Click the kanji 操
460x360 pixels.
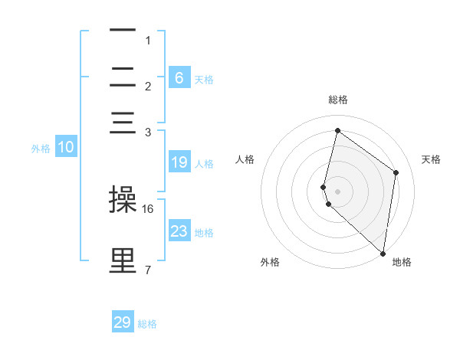tap(123, 200)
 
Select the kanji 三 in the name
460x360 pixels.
tap(123, 123)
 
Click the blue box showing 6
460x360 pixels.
tap(179, 78)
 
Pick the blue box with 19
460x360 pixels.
tap(179, 162)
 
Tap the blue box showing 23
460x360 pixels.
tap(179, 231)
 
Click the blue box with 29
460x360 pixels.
tap(123, 322)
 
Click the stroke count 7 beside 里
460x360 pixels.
tap(147, 270)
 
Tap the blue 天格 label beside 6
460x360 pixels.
tap(204, 79)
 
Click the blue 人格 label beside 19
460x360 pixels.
tap(204, 163)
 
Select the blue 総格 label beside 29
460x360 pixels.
tap(147, 324)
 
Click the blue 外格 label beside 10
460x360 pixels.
tap(41, 149)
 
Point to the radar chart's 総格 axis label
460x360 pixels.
tap(338, 100)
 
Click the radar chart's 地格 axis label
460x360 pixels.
tap(402, 262)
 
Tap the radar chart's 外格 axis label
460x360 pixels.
tap(270, 262)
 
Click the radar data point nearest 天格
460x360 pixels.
tap(396, 172)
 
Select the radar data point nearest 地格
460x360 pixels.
tap(383, 254)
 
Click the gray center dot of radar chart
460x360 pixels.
tap(338, 191)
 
